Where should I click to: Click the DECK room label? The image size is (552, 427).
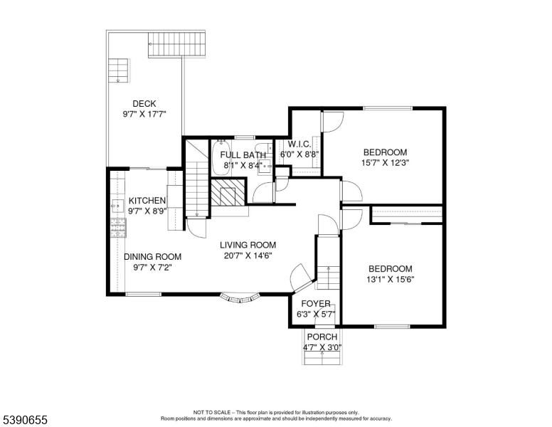click(144, 104)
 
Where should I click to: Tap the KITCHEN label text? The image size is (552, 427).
click(147, 201)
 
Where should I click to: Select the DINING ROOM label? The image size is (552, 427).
click(152, 257)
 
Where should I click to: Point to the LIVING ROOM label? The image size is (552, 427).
click(248, 245)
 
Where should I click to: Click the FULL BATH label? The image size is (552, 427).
click(243, 155)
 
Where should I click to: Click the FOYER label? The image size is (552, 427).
click(313, 304)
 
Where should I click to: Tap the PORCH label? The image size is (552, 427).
click(323, 337)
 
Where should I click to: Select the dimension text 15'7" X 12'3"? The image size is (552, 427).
click(385, 162)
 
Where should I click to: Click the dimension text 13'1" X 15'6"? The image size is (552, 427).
click(391, 279)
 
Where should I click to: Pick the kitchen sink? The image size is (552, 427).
click(116, 207)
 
